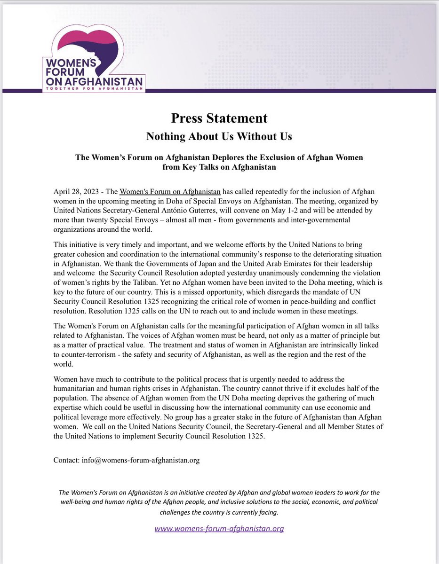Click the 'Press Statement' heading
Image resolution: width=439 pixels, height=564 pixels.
(x=219, y=118)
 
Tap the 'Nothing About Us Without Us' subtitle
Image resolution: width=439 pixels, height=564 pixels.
(x=219, y=136)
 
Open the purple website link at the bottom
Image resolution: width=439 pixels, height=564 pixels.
(x=219, y=528)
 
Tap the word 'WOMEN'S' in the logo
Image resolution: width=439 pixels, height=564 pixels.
(x=74, y=62)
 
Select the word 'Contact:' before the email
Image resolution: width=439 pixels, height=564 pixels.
(x=67, y=460)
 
